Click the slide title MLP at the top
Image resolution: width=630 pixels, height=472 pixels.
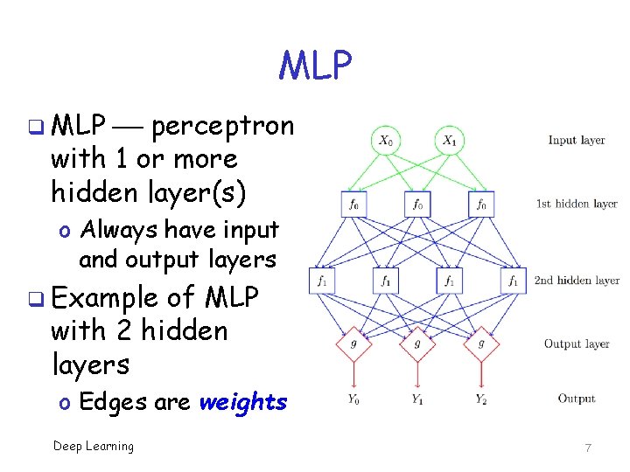(315, 65)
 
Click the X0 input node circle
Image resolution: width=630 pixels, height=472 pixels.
(386, 140)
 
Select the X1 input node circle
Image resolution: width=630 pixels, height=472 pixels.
(450, 140)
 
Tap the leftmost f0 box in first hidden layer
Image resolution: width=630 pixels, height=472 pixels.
(353, 204)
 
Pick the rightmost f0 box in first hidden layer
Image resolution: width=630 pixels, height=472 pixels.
(481, 204)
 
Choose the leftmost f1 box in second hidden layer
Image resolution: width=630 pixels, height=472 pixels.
(321, 281)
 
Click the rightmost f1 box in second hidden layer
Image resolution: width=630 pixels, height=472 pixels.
(514, 281)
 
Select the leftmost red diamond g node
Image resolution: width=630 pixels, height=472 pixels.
(353, 344)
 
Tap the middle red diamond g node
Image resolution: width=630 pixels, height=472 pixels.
(417, 344)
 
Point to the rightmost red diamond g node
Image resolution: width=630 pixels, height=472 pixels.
(481, 344)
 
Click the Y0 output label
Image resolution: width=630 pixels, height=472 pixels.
(353, 400)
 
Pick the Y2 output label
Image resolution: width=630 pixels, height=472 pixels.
(481, 400)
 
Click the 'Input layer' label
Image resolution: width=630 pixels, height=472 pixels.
(577, 140)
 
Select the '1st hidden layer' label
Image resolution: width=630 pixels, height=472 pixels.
(577, 204)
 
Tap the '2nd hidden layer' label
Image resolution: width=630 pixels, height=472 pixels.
(577, 281)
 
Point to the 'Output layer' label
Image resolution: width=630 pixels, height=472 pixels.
(577, 344)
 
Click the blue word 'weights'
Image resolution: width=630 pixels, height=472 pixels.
(243, 402)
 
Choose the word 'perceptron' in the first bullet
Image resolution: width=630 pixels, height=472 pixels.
(223, 126)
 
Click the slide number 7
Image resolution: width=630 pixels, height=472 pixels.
(588, 448)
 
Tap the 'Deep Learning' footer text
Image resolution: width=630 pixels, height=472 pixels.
(94, 447)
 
